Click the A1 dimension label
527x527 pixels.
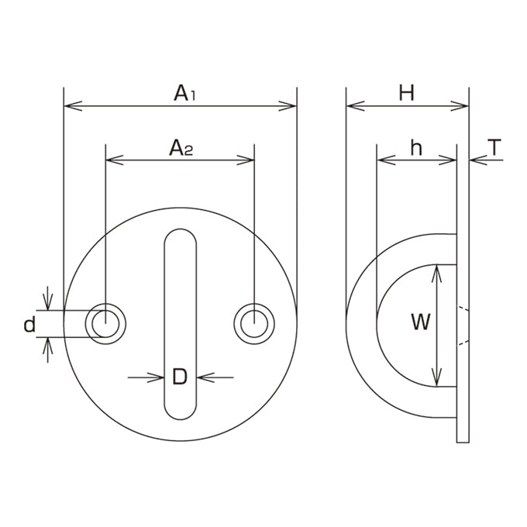click(184, 93)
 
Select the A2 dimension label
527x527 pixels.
click(181, 148)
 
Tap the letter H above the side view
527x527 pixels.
click(407, 93)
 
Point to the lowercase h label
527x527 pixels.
click(416, 148)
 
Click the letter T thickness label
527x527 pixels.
click(494, 147)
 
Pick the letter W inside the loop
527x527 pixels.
click(421, 322)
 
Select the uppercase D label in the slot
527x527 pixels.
click(180, 377)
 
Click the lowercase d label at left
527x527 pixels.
click(29, 325)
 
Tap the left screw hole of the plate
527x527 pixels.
click(105, 324)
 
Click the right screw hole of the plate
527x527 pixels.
click(254, 324)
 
